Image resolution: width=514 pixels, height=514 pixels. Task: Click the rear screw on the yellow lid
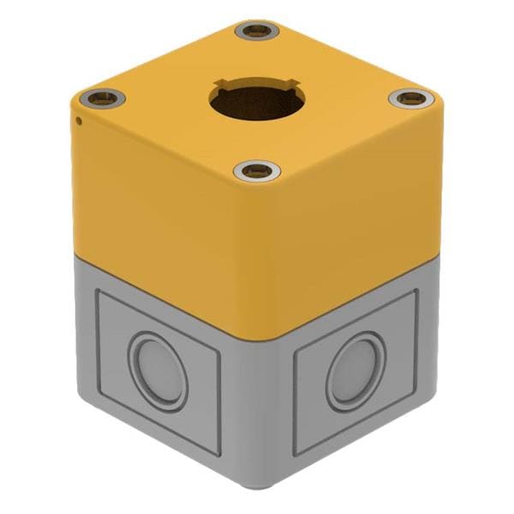tap(257, 32)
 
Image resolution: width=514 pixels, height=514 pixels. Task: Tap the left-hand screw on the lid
tap(103, 98)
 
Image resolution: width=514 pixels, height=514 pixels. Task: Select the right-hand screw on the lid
tap(411, 99)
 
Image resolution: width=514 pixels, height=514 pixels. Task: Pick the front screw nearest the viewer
tap(257, 171)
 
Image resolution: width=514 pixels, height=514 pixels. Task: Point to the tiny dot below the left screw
tap(79, 120)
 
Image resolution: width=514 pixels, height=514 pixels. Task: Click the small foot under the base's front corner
tap(257, 487)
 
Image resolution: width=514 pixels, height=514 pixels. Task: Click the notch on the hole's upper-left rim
tap(220, 87)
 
